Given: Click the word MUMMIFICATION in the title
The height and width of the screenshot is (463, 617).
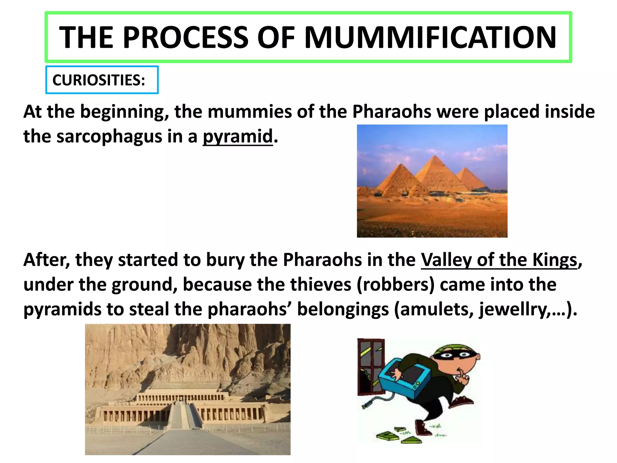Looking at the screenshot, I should [430, 37].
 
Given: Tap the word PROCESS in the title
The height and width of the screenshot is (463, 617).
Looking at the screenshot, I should [186, 37].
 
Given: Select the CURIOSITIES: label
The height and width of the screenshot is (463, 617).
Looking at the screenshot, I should [99, 80].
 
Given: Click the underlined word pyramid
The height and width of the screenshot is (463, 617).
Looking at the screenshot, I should [238, 137].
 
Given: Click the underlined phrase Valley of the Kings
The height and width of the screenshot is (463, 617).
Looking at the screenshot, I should [499, 260].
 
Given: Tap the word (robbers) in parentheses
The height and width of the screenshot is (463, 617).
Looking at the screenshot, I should [395, 285].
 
